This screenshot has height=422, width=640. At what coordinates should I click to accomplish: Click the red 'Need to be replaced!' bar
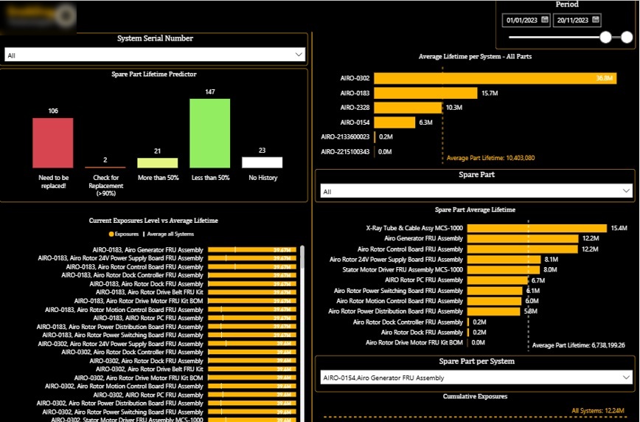point(53,143)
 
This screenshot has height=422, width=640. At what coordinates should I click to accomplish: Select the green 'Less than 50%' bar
point(210,134)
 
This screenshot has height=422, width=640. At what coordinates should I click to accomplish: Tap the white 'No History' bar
point(262,162)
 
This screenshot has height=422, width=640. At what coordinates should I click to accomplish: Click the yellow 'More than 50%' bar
point(158,163)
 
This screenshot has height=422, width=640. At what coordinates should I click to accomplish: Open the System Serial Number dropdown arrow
point(299,55)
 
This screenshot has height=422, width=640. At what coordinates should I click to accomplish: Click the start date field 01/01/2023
point(522,20)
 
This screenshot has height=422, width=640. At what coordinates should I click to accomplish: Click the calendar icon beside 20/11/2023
point(596,20)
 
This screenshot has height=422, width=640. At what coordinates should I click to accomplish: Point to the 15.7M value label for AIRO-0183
point(490,93)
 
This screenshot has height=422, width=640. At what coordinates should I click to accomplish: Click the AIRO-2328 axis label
point(355,108)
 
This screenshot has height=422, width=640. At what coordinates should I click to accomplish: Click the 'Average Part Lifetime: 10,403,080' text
point(490,158)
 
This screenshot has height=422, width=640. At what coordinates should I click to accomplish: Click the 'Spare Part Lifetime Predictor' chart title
point(153,75)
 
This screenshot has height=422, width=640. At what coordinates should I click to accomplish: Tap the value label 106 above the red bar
point(53,111)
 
